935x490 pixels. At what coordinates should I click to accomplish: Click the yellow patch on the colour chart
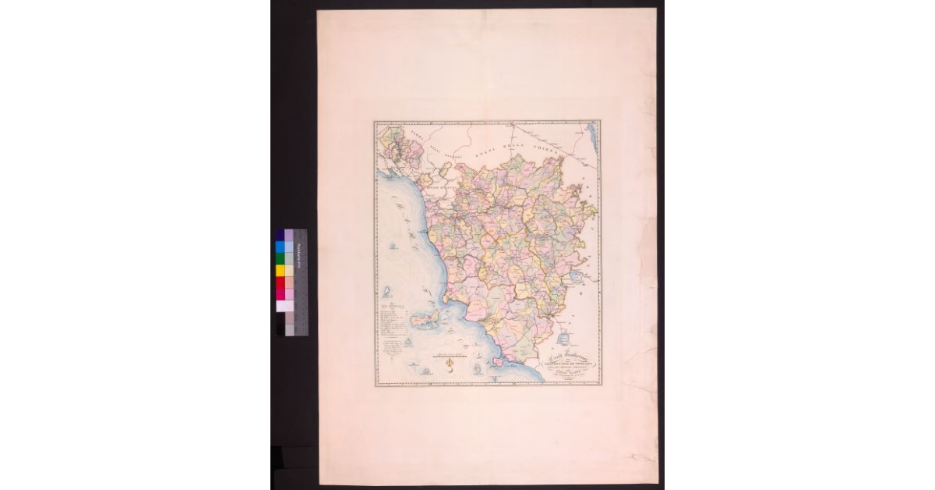[x=280, y=271]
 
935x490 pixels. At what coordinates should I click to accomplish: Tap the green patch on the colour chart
[x=280, y=258]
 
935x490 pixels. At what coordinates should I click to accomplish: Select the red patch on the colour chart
[x=280, y=282]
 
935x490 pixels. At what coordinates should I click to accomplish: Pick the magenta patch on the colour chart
[x=280, y=294]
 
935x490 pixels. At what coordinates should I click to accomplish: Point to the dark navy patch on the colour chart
[x=280, y=235]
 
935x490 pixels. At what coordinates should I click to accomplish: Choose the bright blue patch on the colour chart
[x=280, y=247]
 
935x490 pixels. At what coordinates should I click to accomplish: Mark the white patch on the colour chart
[x=280, y=306]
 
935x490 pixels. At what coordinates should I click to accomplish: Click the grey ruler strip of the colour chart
[x=300, y=281]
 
